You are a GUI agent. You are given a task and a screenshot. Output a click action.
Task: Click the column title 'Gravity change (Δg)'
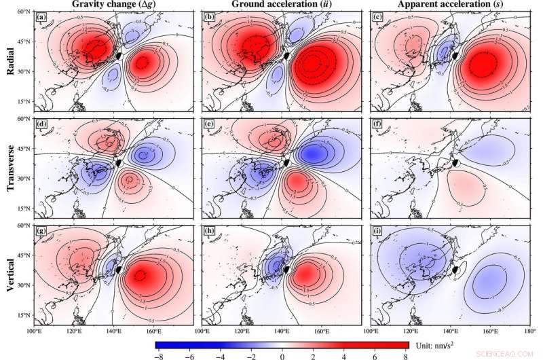click(x=114, y=5)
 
